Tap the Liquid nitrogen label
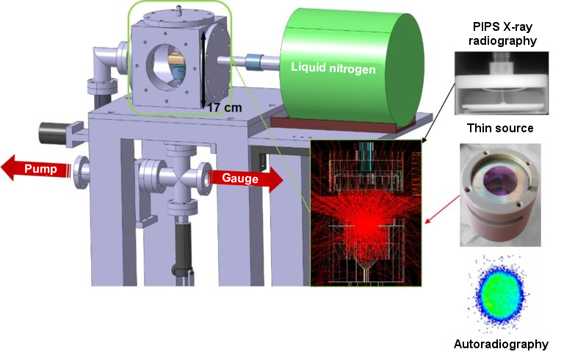click(x=333, y=68)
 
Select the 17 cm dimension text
click(x=225, y=107)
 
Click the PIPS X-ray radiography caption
click(x=502, y=34)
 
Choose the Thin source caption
click(x=500, y=128)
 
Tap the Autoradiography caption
click(x=501, y=344)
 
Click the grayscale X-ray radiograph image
click(x=502, y=83)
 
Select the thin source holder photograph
click(x=500, y=195)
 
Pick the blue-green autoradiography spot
click(x=499, y=293)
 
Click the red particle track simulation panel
click(x=366, y=213)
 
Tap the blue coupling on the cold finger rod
click(x=253, y=61)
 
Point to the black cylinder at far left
click(x=53, y=134)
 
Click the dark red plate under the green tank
click(x=334, y=123)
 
